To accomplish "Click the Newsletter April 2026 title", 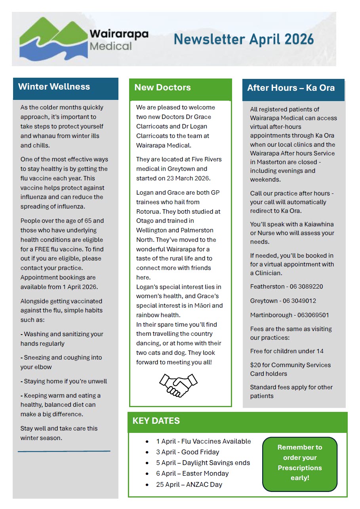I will pyautogui.click(x=244, y=40).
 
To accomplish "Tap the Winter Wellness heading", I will pyautogui.click(x=54, y=87).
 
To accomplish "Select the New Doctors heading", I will pyautogui.click(x=162, y=88).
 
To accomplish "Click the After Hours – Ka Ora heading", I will pyautogui.click(x=291, y=88).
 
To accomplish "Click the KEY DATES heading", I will pyautogui.click(x=156, y=421).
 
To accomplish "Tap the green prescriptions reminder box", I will pyautogui.click(x=300, y=463).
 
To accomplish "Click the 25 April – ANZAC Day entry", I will pyautogui.click(x=189, y=484).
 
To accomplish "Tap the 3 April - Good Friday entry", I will pyautogui.click(x=188, y=452).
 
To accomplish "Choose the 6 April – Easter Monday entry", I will pyautogui.click(x=192, y=473).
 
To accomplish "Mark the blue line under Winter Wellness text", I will pyautogui.click(x=64, y=451).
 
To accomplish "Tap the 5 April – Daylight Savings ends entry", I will pyautogui.click(x=203, y=463).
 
